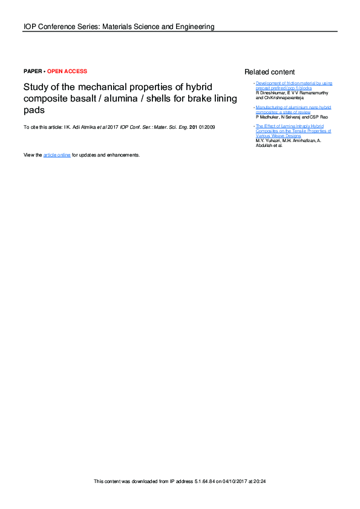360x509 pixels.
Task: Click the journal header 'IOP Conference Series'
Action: coord(60,27)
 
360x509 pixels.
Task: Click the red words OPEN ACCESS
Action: coord(67,71)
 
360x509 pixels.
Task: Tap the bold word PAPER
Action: coord(33,71)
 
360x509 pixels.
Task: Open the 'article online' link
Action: coord(57,155)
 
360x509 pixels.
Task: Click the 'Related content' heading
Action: coord(270,72)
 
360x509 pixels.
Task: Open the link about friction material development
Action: coord(293,85)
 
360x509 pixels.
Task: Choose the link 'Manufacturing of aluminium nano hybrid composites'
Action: coord(293,109)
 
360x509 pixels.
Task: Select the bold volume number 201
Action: coord(194,127)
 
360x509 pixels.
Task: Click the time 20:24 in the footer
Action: coord(261,482)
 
